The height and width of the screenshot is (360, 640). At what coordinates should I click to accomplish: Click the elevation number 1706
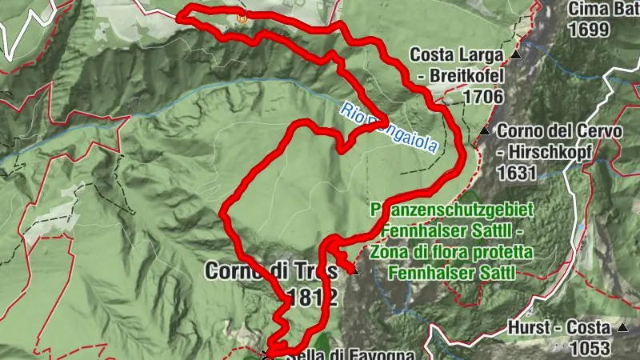point(482,97)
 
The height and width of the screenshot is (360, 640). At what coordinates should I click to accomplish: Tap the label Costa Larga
point(455,55)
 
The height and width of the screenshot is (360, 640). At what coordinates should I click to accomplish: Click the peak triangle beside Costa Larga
point(516,55)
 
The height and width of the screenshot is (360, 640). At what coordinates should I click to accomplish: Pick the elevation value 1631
point(517,172)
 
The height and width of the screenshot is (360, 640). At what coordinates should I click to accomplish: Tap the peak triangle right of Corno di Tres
point(354,271)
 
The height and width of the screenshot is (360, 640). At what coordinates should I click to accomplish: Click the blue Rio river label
point(349,112)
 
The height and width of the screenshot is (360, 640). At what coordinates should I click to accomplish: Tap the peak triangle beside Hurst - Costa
point(622,327)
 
